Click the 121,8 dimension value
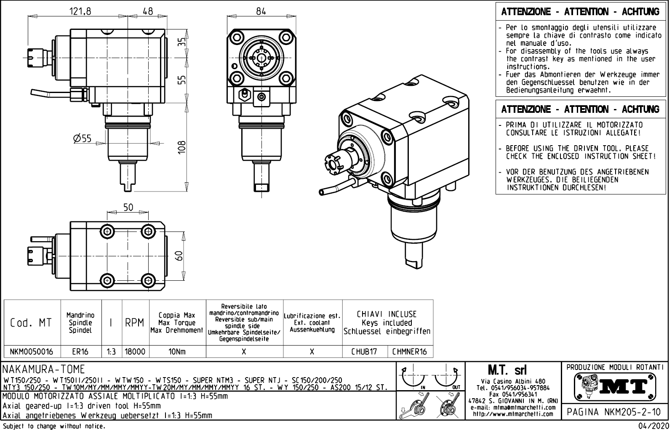(x=80, y=11)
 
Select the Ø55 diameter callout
(x=82, y=138)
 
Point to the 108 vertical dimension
(x=181, y=147)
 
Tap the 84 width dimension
(x=261, y=11)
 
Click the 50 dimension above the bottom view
(x=128, y=207)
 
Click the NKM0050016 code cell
(x=32, y=352)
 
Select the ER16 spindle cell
(x=80, y=352)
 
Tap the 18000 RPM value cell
(x=135, y=352)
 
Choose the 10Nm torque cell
(x=177, y=352)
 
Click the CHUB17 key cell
(x=364, y=352)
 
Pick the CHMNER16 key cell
(x=409, y=352)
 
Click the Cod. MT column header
(x=31, y=323)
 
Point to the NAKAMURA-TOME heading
(x=44, y=370)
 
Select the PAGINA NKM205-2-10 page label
(x=614, y=412)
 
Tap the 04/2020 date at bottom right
(x=654, y=426)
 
